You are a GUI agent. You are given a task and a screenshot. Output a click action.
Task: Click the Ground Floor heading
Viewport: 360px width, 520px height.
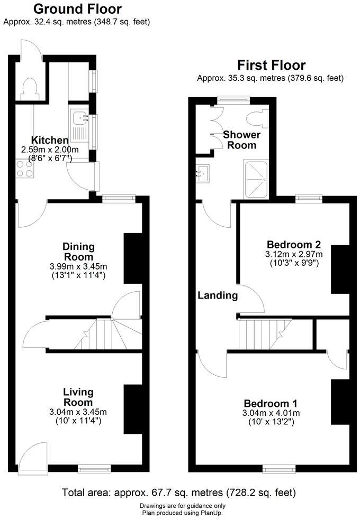point(77,9)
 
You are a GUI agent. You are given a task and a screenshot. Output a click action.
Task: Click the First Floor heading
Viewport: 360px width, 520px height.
point(271,66)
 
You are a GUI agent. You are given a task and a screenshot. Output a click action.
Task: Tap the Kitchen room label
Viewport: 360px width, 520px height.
point(50,140)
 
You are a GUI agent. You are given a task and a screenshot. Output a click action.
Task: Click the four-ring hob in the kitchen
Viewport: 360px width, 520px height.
point(24,168)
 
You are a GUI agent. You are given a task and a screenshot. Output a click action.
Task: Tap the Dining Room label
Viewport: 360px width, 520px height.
point(78,252)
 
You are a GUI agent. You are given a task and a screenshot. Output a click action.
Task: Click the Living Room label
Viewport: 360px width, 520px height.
point(78,397)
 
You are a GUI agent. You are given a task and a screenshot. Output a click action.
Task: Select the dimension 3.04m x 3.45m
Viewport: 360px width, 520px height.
point(78,412)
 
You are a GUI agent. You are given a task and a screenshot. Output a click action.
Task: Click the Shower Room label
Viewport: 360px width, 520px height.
point(242,140)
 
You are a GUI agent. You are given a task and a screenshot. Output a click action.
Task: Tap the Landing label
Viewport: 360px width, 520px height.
point(218,295)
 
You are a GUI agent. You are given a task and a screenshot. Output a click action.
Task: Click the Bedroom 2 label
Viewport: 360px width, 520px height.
point(294,245)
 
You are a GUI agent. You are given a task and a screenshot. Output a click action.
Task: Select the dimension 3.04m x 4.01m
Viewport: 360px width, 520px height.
point(271,413)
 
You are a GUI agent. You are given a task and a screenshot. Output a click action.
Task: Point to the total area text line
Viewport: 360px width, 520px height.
point(179,493)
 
